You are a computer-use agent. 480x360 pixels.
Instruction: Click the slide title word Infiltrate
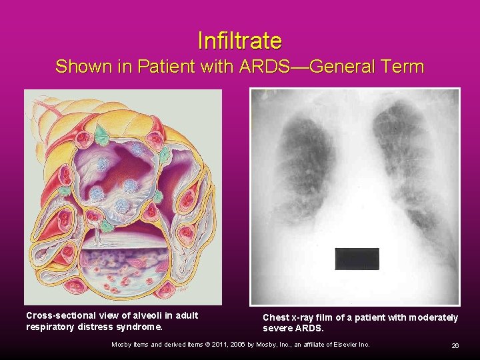[x=240, y=41]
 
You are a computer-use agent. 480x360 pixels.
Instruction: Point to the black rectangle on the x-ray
[x=357, y=259]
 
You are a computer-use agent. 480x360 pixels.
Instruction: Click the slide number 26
[x=455, y=345]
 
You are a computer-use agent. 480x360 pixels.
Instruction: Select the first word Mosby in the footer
[x=123, y=345]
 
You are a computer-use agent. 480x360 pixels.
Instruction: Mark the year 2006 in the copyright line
[x=231, y=345]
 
